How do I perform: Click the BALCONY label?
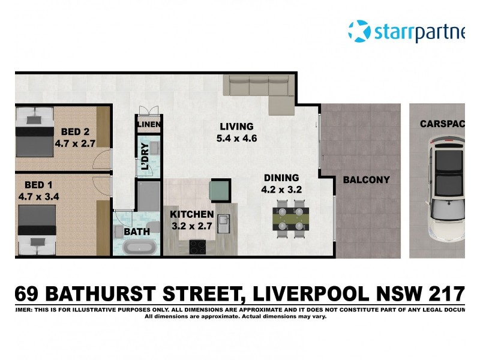pos(366,179)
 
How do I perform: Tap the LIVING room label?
pos(236,127)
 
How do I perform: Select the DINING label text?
pos(281,178)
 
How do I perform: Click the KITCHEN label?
pos(192,214)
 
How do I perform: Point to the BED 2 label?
pos(76,132)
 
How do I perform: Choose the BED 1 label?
pos(38,184)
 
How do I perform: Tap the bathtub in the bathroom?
pos(139,247)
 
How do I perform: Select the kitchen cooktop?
pos(198,247)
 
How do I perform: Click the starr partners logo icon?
pos(359,31)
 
